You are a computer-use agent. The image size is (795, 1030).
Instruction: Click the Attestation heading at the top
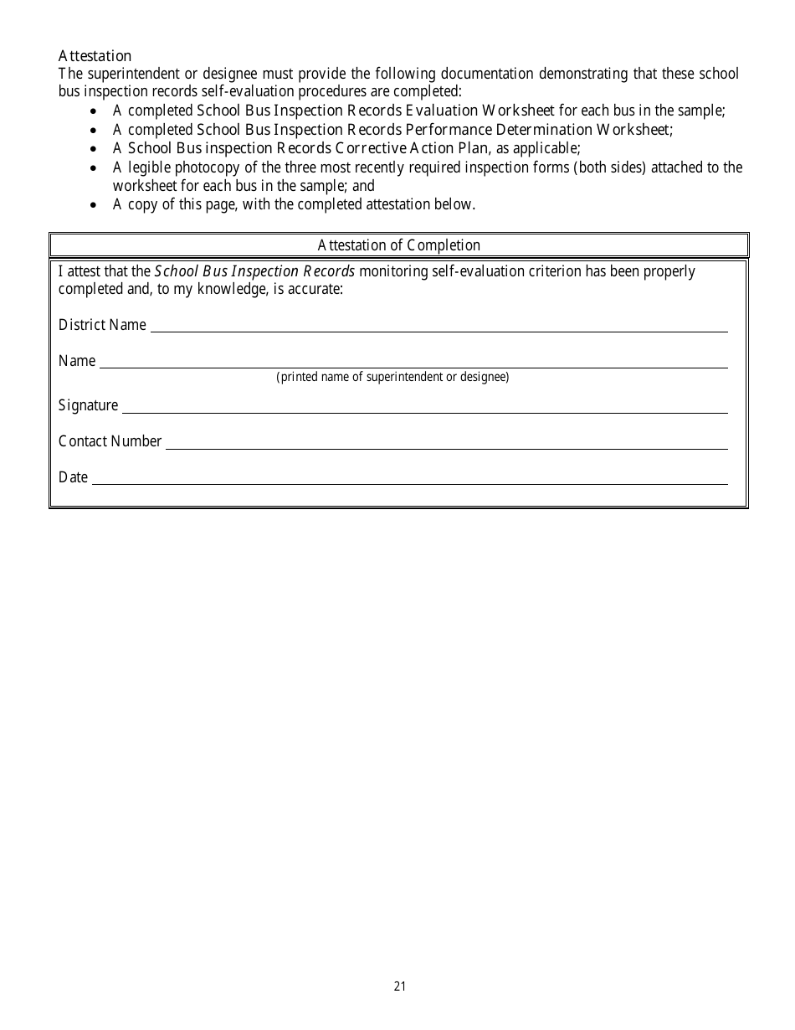click(95, 56)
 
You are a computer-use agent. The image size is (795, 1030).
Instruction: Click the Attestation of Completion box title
click(398, 245)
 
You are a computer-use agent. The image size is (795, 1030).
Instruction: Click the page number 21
click(399, 986)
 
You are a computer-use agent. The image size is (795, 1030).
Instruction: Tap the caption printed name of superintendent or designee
click(392, 377)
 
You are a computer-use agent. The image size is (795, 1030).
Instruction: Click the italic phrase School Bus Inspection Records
click(255, 271)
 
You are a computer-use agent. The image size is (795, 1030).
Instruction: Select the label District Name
click(102, 325)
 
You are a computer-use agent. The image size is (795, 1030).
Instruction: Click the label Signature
click(88, 405)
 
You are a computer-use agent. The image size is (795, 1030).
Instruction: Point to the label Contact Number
click(110, 441)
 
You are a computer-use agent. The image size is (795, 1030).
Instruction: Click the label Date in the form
click(73, 477)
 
